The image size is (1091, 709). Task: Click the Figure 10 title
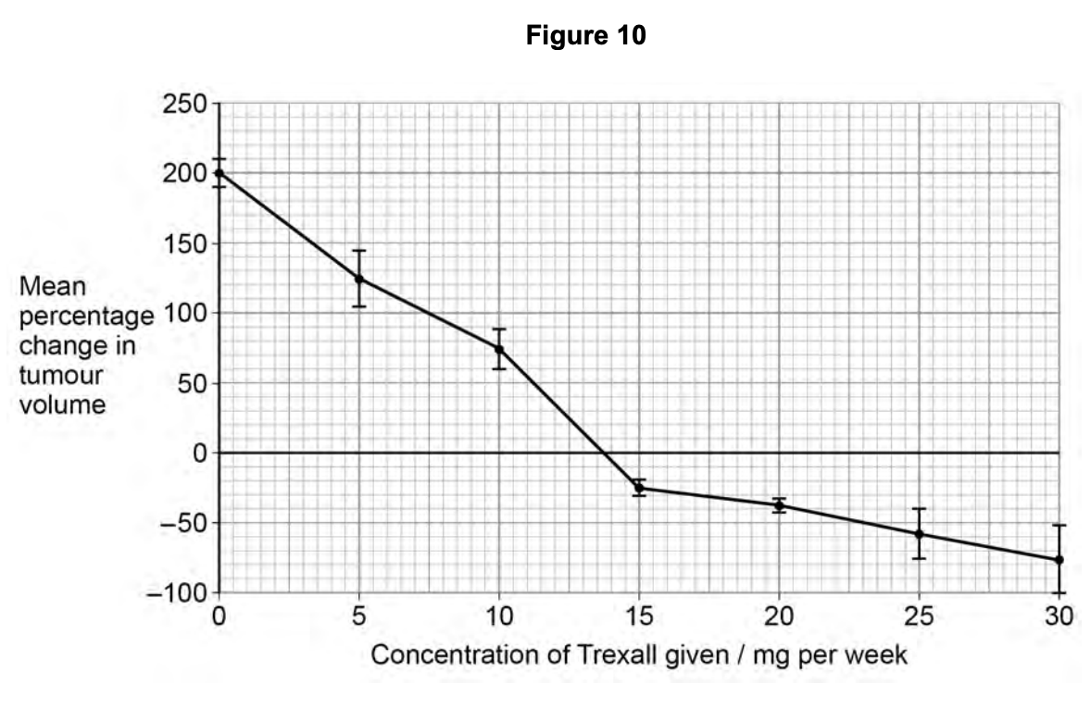click(x=585, y=36)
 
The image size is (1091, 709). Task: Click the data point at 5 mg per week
click(x=358, y=279)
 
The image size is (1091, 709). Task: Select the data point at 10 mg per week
click(x=499, y=349)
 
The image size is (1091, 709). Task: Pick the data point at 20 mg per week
click(x=779, y=505)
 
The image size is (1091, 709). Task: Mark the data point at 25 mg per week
click(x=919, y=534)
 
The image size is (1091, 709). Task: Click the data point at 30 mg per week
click(x=1059, y=560)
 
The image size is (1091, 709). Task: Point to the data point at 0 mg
click(x=219, y=173)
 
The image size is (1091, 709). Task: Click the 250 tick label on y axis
click(x=185, y=104)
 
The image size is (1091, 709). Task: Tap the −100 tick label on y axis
click(x=177, y=592)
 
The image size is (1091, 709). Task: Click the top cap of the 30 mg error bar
click(x=1059, y=525)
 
